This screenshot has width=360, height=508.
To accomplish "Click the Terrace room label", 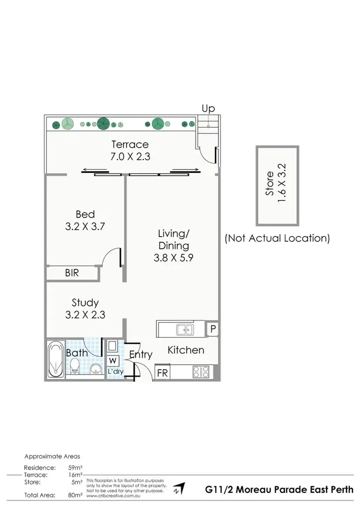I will (130, 144).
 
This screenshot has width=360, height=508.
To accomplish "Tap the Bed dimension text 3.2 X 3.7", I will (85, 226).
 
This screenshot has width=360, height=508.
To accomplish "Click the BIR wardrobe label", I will (72, 273).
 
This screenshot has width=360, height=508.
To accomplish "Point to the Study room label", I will (85, 303).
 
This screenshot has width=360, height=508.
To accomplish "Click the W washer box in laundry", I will (112, 360).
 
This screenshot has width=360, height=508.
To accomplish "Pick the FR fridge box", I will (163, 372).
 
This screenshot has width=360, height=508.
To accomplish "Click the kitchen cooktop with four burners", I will (200, 372).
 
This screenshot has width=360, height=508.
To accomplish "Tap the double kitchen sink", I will (184, 329).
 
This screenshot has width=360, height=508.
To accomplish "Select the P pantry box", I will (212, 329).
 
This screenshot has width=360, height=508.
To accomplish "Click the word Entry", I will (141, 355).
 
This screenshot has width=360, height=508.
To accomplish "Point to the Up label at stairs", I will (208, 109).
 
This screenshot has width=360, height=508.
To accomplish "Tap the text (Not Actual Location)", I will (277, 238).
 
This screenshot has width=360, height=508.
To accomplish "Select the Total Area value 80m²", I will (75, 494).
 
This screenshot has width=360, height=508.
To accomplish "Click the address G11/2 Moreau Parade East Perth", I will (278, 490).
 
